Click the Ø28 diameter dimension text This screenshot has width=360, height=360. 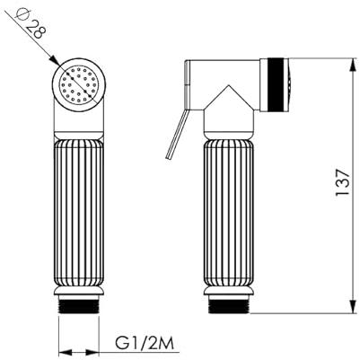[x=31, y=23]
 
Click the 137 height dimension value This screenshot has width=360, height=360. [x=342, y=182]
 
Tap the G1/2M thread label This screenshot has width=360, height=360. [x=145, y=344]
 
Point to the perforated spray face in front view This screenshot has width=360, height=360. [x=79, y=85]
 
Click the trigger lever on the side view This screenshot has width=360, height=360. [x=177, y=134]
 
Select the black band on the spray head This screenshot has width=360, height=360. [x=275, y=84]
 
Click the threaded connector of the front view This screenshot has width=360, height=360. [x=78, y=304]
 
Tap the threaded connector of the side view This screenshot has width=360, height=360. [x=229, y=304]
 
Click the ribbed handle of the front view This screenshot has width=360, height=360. [x=79, y=213]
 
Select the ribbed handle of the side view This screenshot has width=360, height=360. [x=229, y=213]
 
